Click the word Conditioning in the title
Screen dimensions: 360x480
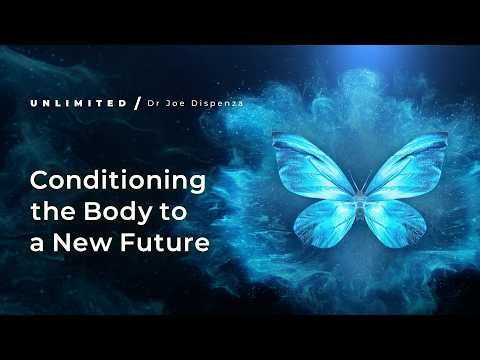click(117, 182)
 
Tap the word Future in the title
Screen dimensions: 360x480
click(171, 244)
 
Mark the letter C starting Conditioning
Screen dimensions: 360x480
click(42, 182)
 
